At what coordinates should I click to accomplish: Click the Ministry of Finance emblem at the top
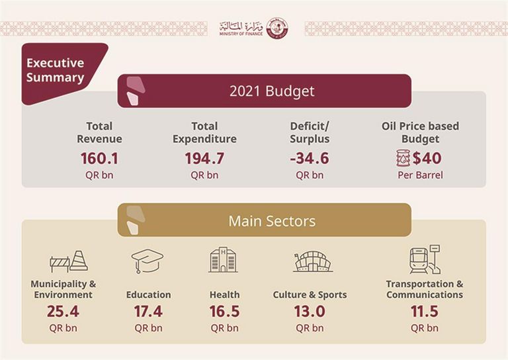tap(277, 27)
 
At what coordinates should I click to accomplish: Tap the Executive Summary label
tap(55, 70)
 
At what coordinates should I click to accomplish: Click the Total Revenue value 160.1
tap(99, 159)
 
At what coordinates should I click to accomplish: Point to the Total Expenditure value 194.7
tap(204, 159)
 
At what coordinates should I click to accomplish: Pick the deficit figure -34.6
tap(310, 159)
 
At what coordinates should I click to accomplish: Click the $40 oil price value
tap(427, 159)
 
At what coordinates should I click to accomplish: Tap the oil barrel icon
tap(402, 158)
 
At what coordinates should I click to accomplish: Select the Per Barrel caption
tap(420, 175)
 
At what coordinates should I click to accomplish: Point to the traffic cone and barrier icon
tap(69, 260)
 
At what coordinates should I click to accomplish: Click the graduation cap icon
tap(147, 261)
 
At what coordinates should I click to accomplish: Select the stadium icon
tap(312, 261)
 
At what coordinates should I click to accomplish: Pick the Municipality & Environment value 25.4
tap(63, 311)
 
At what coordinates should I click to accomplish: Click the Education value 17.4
tap(148, 311)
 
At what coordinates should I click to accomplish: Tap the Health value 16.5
tap(224, 311)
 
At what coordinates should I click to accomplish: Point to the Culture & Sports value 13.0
tap(310, 311)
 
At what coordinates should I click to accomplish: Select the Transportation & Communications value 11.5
tap(424, 311)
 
